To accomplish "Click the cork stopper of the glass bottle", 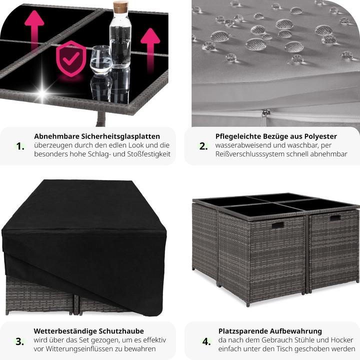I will click(x=120, y=7).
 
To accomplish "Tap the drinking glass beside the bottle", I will click(x=101, y=59).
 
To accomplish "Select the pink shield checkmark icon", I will click(x=71, y=59).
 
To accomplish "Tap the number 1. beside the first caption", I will click(x=20, y=146).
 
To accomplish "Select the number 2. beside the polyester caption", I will click(x=203, y=146).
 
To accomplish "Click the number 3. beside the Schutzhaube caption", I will click(x=20, y=341).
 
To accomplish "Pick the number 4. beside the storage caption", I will click(x=206, y=341).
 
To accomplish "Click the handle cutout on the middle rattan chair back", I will click(x=278, y=224).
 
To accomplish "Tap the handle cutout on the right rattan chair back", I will click(x=335, y=217).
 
